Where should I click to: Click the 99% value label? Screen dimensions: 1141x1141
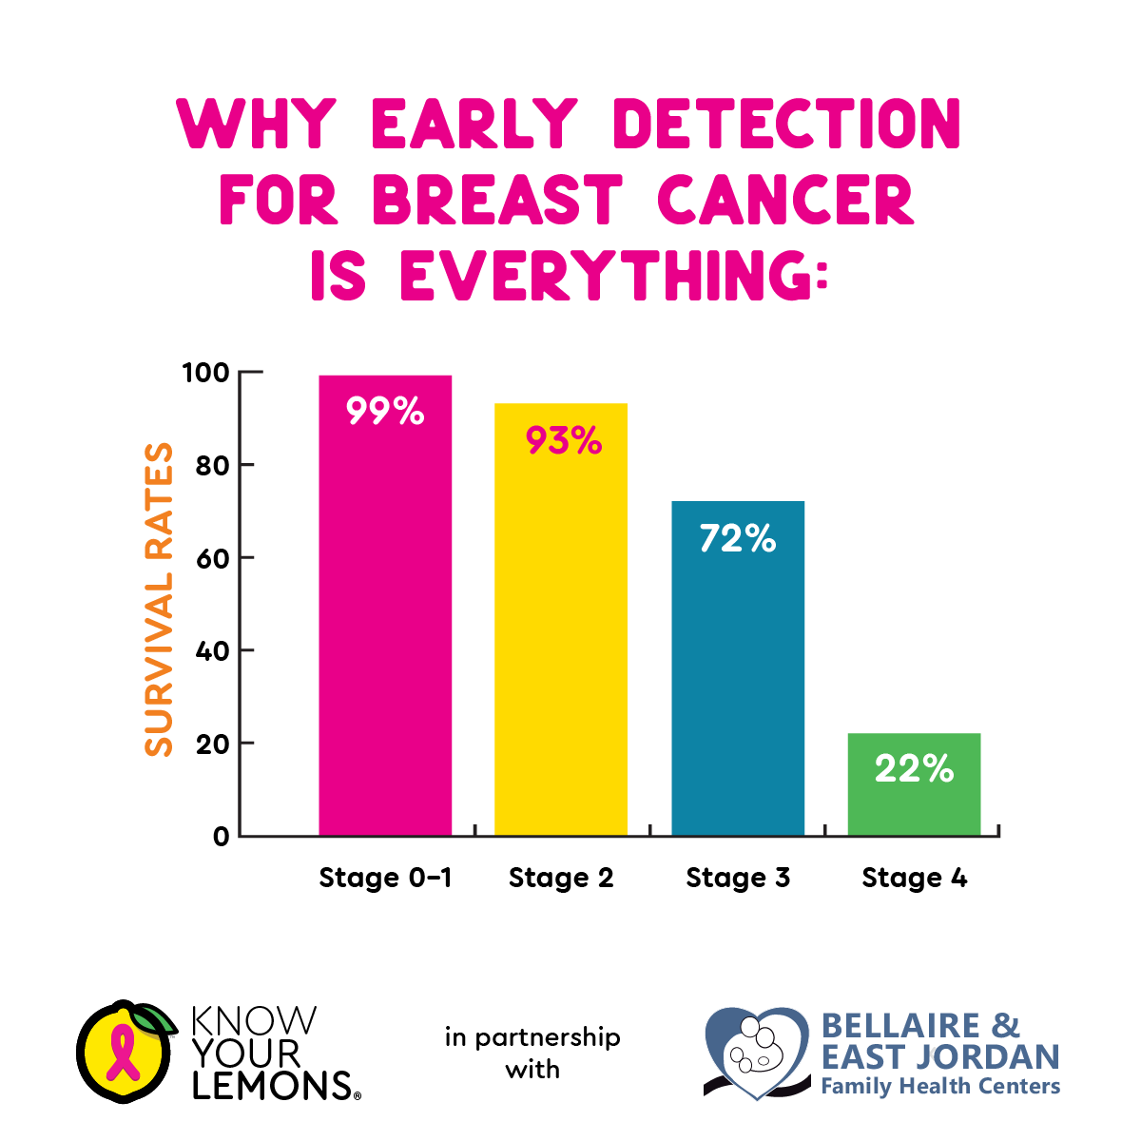point(385,412)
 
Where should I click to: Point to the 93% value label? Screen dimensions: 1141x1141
point(564,440)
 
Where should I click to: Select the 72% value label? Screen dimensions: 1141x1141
point(738,539)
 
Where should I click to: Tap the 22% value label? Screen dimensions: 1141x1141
point(914,769)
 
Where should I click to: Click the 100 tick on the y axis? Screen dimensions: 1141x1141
point(206,373)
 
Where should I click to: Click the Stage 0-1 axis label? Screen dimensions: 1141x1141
point(385,878)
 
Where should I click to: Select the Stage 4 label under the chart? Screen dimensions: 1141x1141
point(914,878)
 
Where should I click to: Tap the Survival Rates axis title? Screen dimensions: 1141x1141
point(160,599)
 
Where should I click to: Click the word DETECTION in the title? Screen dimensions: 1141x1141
point(788,125)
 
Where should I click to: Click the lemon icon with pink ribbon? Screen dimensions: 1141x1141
point(125,1052)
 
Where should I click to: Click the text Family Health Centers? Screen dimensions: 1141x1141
point(940,1086)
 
